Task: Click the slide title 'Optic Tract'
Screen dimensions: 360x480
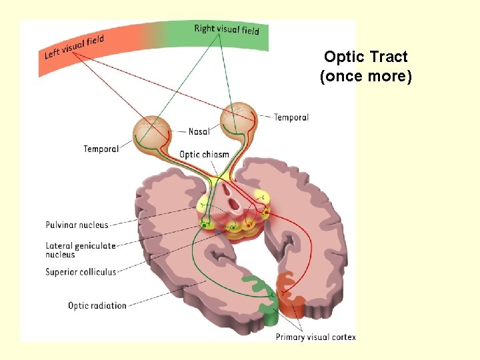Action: tap(365, 57)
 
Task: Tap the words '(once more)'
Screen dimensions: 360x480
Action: tap(365, 76)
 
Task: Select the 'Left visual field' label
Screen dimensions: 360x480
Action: tap(74, 46)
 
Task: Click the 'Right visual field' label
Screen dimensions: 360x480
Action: tap(227, 29)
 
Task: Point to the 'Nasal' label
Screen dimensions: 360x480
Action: tap(199, 131)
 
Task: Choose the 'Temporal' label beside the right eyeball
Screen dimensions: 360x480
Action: tap(291, 117)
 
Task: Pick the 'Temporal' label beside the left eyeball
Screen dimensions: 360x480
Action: tap(101, 149)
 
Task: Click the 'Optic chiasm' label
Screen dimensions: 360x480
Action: tap(204, 154)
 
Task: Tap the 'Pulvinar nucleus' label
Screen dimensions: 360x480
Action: tap(77, 225)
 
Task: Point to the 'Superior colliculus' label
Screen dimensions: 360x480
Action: tap(81, 271)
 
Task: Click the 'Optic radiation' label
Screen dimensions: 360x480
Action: tap(97, 305)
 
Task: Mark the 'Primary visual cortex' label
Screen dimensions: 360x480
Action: tap(315, 337)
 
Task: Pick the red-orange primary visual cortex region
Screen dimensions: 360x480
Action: tap(292, 297)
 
